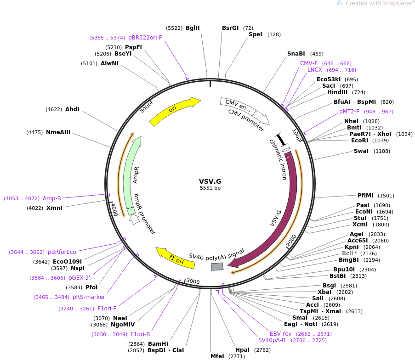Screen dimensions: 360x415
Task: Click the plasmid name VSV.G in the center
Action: pos(210,181)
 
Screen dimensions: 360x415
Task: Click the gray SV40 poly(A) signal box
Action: pos(217,266)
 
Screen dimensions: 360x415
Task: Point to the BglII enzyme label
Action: pos(193,28)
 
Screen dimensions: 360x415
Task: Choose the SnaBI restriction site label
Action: pos(296,54)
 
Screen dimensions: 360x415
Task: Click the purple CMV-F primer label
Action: pos(309,63)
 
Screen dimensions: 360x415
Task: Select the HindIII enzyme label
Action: pos(337,92)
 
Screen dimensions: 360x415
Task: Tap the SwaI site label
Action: pos(361,151)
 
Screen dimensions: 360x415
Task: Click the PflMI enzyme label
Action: pos(366,195)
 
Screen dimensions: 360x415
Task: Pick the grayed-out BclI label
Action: pos(347,253)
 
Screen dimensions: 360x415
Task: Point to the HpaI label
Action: pos(242,350)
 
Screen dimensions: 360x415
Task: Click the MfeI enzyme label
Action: pos(217,356)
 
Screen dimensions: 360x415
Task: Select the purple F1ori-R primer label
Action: pos(140,334)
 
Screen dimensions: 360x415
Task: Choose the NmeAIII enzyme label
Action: pos(58,132)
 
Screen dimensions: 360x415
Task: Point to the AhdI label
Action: pos(72,109)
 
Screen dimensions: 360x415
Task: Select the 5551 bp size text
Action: pos(210,188)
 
